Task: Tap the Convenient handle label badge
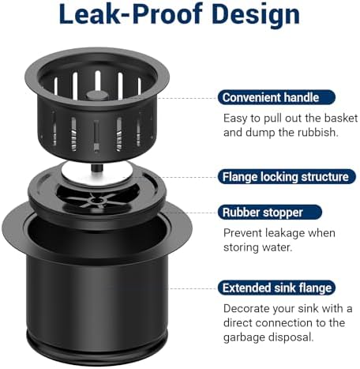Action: tap(276, 97)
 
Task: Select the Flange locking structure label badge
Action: tap(287, 177)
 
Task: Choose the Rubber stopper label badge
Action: tap(270, 213)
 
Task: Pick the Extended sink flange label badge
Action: tap(276, 288)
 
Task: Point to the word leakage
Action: tap(285, 234)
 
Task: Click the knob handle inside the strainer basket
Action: tap(97, 96)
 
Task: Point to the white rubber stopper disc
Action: tap(97, 174)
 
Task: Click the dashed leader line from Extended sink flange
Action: tap(193, 288)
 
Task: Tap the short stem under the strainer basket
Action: tap(96, 168)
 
